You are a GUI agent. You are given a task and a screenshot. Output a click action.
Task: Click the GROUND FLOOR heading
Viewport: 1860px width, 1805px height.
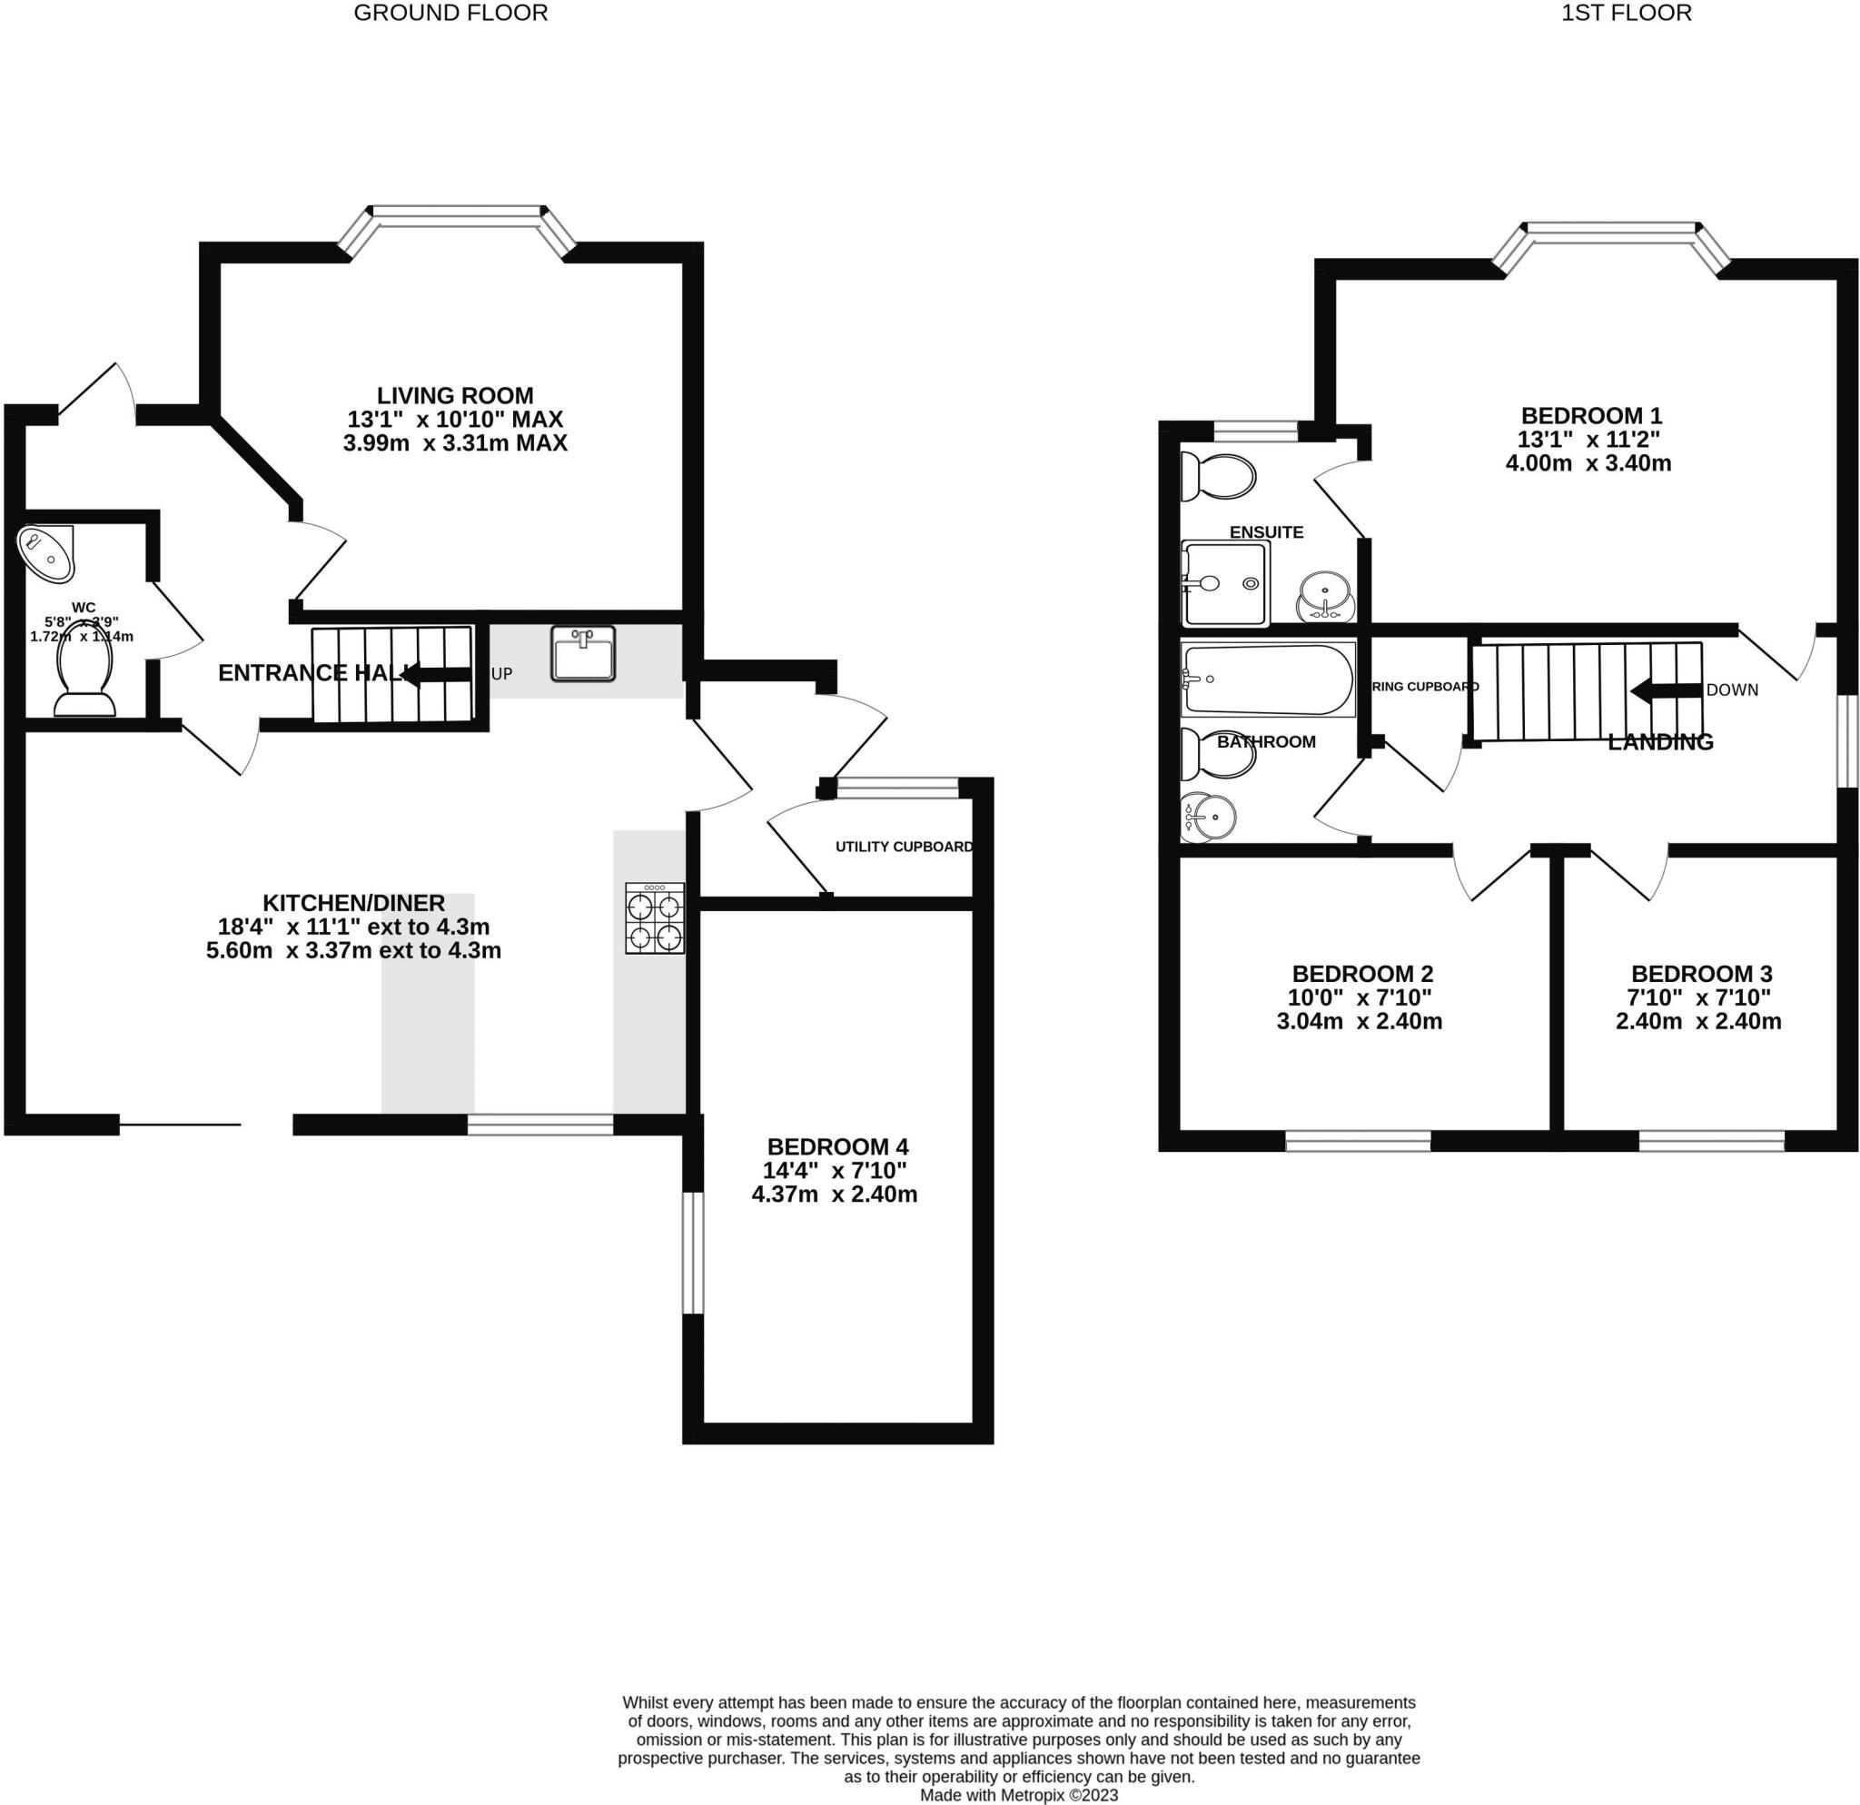tap(450, 14)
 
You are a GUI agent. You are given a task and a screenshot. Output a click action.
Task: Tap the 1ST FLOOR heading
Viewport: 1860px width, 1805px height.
tap(1626, 14)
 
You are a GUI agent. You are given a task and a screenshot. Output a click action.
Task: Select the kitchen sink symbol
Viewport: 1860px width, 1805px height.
tap(583, 653)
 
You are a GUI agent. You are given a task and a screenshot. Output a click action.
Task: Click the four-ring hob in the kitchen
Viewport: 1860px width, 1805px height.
tap(654, 917)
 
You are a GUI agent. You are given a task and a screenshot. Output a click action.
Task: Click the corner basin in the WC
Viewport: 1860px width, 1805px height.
tap(44, 552)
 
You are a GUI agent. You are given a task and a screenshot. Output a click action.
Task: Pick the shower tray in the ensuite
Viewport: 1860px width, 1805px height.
tap(1224, 583)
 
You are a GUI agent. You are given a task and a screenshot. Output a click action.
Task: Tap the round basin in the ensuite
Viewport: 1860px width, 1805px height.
tap(1325, 596)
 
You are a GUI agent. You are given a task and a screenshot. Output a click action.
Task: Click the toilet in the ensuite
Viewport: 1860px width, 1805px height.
tap(1218, 476)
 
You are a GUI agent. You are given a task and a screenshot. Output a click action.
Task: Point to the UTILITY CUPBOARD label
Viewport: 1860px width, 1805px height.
tap(904, 847)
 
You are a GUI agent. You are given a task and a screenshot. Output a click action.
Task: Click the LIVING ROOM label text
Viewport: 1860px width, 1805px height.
tap(455, 396)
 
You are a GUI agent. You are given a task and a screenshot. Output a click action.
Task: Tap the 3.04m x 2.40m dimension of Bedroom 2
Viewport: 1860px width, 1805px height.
tap(1359, 1021)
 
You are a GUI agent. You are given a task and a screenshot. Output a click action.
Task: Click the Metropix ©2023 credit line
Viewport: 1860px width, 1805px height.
tap(1018, 1796)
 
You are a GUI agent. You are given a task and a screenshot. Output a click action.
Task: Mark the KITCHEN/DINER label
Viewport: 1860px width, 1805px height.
tap(353, 903)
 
